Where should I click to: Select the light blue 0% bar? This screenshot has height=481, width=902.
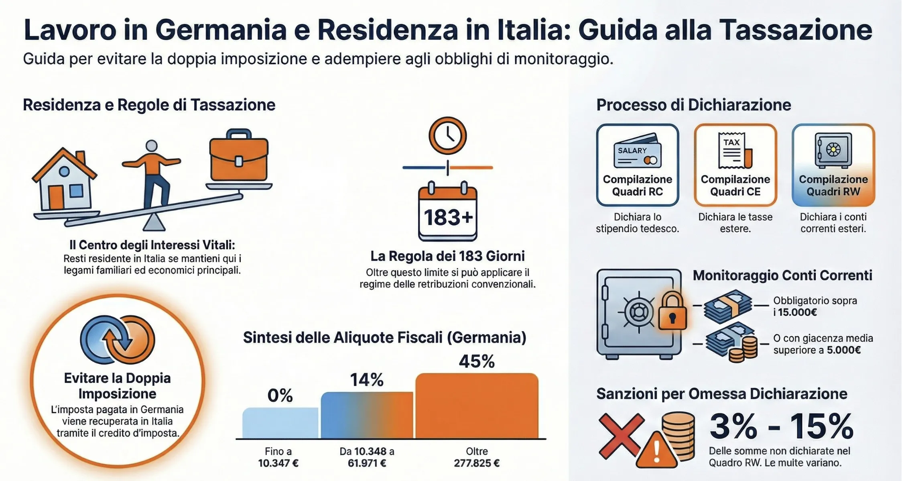pyautogui.click(x=280, y=423)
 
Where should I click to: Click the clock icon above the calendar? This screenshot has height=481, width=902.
pyautogui.click(x=447, y=136)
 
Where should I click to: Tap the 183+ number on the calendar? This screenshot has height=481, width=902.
pyautogui.click(x=448, y=218)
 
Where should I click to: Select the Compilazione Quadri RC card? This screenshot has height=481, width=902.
pyautogui.click(x=637, y=165)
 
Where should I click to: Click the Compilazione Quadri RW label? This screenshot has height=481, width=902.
pyautogui.click(x=833, y=185)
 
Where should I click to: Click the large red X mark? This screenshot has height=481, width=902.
pyautogui.click(x=620, y=436)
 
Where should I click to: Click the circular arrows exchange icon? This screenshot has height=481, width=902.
pyautogui.click(x=117, y=339)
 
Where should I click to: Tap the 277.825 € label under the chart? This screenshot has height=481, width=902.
pyautogui.click(x=476, y=463)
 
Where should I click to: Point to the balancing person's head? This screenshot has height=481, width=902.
pyautogui.click(x=151, y=146)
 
